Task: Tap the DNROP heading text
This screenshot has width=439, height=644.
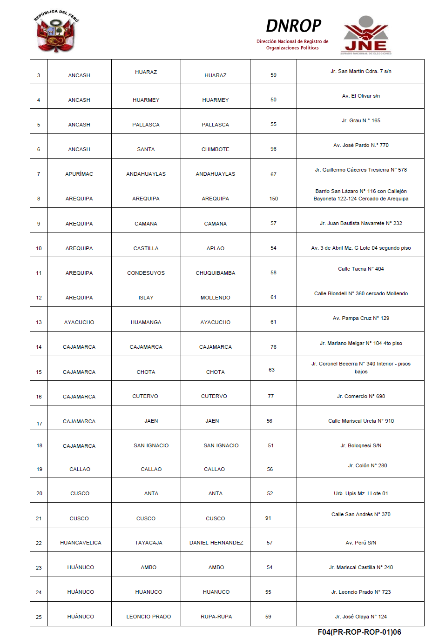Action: point(293,26)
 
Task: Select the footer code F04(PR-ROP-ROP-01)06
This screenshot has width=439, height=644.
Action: point(359,632)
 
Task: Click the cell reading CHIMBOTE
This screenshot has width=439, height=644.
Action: point(215,149)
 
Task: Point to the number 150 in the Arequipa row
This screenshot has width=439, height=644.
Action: point(274,199)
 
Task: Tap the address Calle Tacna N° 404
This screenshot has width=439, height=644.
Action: point(361,269)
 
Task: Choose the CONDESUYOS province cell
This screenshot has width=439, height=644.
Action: point(146,273)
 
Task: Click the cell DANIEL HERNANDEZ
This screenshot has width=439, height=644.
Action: point(216,543)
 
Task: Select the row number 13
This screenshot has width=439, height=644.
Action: point(39,322)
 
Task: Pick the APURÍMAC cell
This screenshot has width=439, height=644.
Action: point(79,174)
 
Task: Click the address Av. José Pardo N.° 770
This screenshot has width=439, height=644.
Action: point(361,145)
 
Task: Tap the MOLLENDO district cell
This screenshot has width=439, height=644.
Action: point(215,298)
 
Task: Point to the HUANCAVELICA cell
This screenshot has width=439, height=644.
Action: point(81,543)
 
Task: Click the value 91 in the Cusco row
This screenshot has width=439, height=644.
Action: point(268,518)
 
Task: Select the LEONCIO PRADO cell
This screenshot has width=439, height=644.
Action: point(149,617)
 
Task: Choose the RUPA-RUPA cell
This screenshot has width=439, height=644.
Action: point(216,617)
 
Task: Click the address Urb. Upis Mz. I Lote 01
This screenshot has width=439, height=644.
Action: point(361,493)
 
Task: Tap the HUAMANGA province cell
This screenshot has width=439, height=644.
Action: point(146,322)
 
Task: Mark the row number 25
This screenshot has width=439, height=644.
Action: point(39,617)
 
